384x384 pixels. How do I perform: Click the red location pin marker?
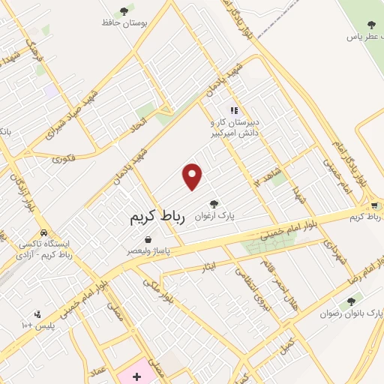point(193,176)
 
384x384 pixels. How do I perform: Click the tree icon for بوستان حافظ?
point(124,10)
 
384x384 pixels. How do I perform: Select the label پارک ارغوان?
point(214,216)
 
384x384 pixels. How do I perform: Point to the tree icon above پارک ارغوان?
point(214,203)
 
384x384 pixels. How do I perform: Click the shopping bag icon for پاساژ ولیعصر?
point(148,239)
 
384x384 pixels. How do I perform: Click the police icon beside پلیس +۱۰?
point(37,314)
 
